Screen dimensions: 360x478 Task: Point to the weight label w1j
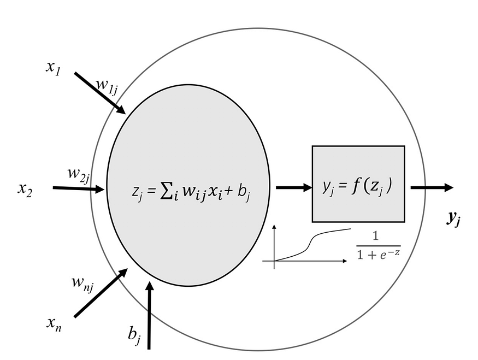[107, 86]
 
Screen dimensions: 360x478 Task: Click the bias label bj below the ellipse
[134, 334]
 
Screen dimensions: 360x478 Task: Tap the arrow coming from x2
[78, 188]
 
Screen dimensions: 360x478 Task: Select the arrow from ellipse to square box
[293, 187]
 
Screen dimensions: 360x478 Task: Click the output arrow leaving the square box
[432, 187]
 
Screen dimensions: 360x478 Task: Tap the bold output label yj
[453, 218]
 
